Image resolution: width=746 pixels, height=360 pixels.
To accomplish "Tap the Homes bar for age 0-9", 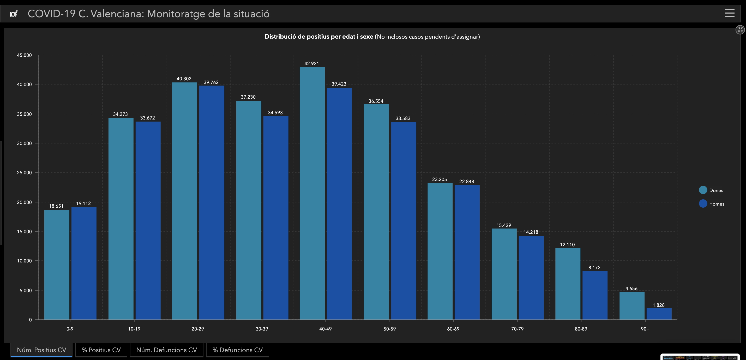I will tap(84, 263).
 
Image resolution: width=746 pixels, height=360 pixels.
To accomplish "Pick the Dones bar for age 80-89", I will tap(568, 284).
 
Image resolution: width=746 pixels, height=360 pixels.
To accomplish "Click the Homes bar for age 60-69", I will tap(467, 252).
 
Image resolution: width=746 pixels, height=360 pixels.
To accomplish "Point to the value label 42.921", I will tap(312, 63).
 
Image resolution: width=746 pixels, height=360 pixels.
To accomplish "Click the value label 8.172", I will tap(594, 268).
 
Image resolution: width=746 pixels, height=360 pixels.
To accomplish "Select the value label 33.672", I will tap(147, 118).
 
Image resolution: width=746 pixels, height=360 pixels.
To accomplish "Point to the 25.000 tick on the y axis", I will tap(24, 173).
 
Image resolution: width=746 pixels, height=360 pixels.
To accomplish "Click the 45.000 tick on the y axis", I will tap(24, 55).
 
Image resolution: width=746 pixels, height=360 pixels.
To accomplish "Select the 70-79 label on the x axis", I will tap(517, 329).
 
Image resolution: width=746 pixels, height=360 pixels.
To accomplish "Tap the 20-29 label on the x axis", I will tap(197, 329).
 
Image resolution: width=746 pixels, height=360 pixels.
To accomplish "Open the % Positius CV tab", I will tap(101, 350).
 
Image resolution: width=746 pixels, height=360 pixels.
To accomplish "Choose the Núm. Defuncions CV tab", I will tap(166, 350).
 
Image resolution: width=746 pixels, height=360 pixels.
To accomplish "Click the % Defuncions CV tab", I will tap(237, 350).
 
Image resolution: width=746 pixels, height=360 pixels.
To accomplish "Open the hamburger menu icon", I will tap(730, 13).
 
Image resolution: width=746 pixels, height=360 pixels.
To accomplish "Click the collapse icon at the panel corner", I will tap(740, 29).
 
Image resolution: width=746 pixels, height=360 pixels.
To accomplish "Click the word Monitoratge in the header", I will tap(176, 14).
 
